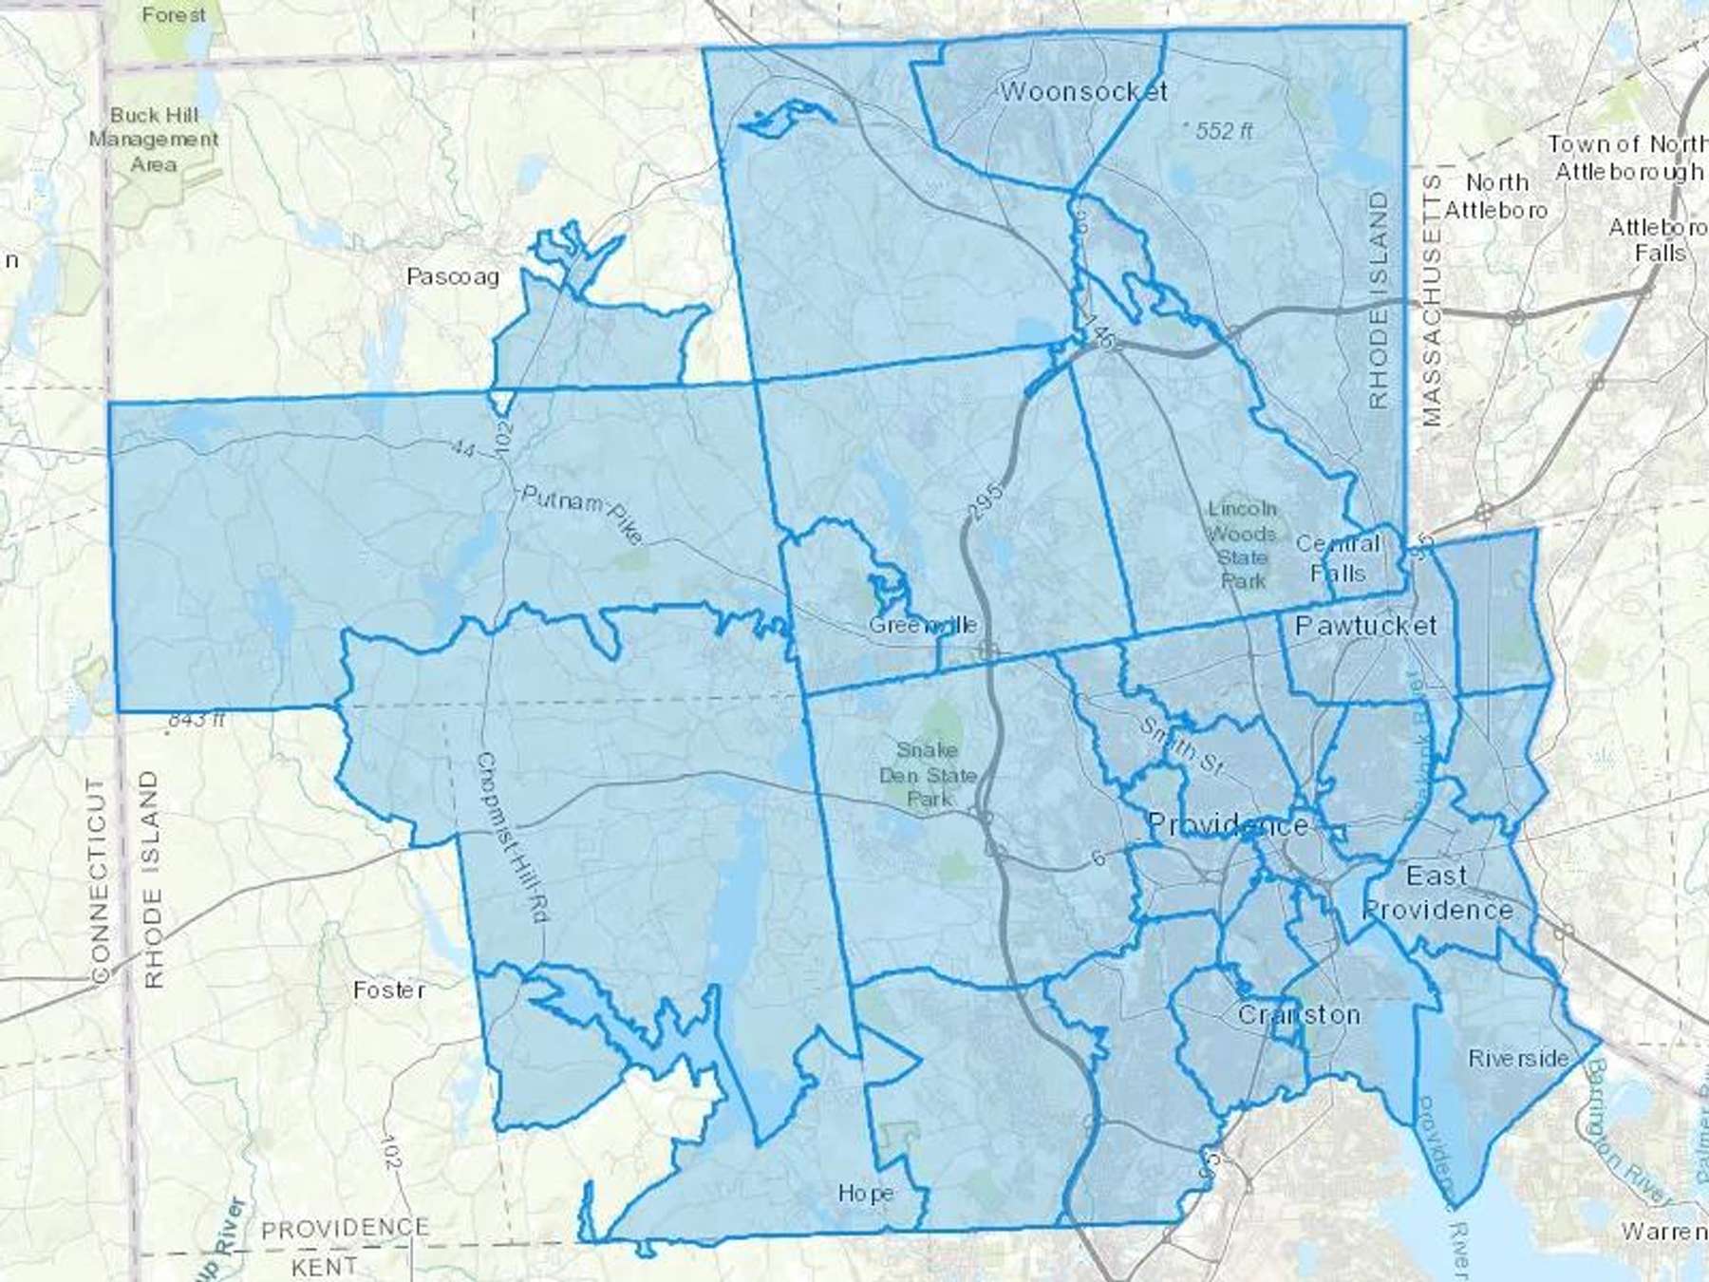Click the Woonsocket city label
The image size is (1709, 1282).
click(x=1083, y=91)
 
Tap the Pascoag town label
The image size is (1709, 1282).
click(x=453, y=276)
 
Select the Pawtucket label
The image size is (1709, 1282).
click(x=1365, y=625)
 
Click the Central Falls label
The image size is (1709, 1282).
click(x=1338, y=558)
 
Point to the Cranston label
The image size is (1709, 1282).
click(x=1298, y=1014)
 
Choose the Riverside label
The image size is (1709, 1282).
click(x=1518, y=1058)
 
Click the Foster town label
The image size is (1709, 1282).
click(x=389, y=990)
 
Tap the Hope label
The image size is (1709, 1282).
click(x=865, y=1192)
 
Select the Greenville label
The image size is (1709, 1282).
click(x=922, y=625)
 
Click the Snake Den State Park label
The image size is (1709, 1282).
click(x=928, y=774)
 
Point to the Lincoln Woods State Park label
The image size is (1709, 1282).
click(x=1243, y=545)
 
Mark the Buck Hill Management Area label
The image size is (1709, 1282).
click(x=154, y=140)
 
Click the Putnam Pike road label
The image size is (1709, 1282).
click(x=582, y=514)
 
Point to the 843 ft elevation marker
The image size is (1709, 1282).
click(x=195, y=720)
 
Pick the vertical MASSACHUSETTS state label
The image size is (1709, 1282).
click(x=1432, y=300)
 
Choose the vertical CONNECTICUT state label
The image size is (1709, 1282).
click(x=99, y=880)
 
